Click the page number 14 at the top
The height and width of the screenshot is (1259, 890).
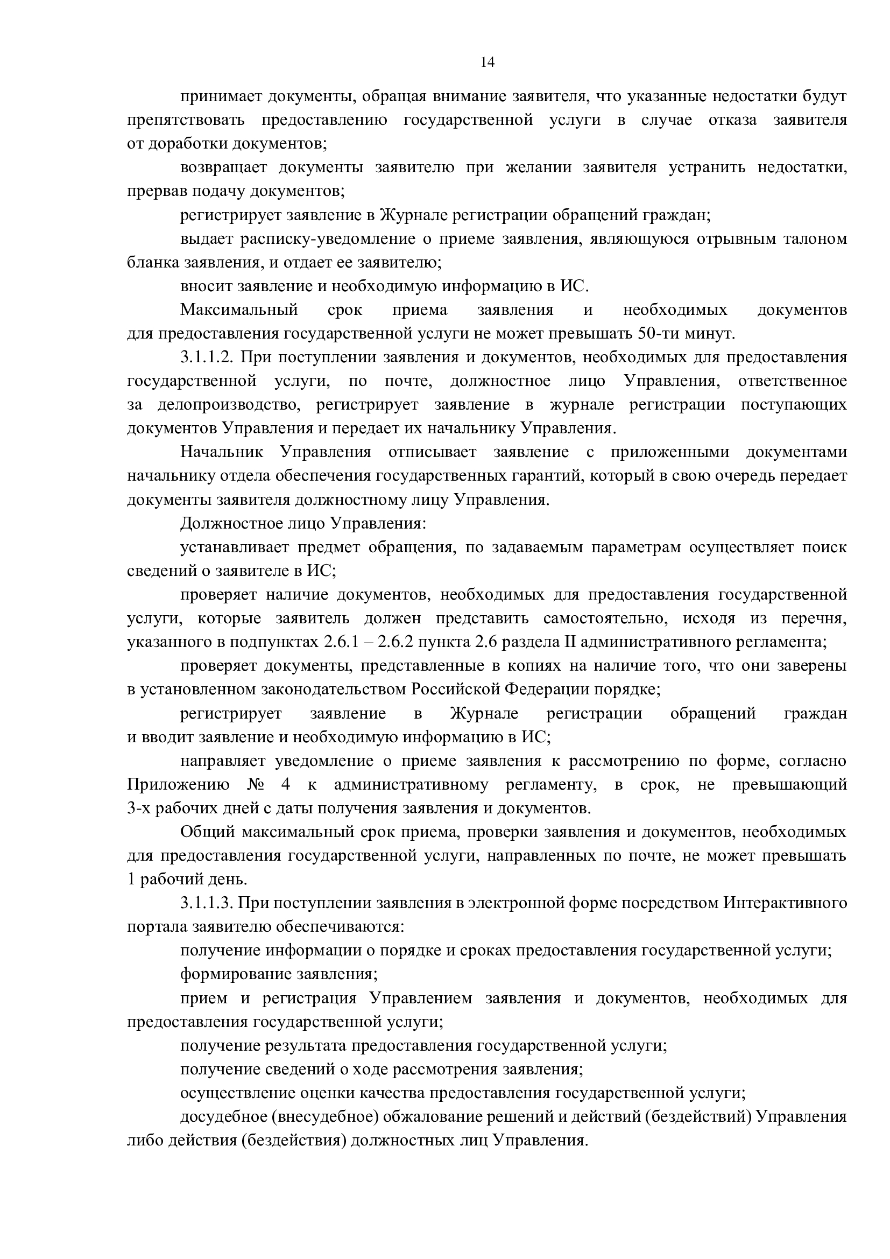pos(487,62)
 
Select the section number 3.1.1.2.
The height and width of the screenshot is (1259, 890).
pos(207,357)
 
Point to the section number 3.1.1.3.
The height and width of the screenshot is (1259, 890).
pos(207,903)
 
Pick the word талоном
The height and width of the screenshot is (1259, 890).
pos(818,239)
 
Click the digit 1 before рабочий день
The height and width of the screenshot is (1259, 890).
pos(131,880)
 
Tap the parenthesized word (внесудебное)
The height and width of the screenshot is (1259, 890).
pos(322,1116)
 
